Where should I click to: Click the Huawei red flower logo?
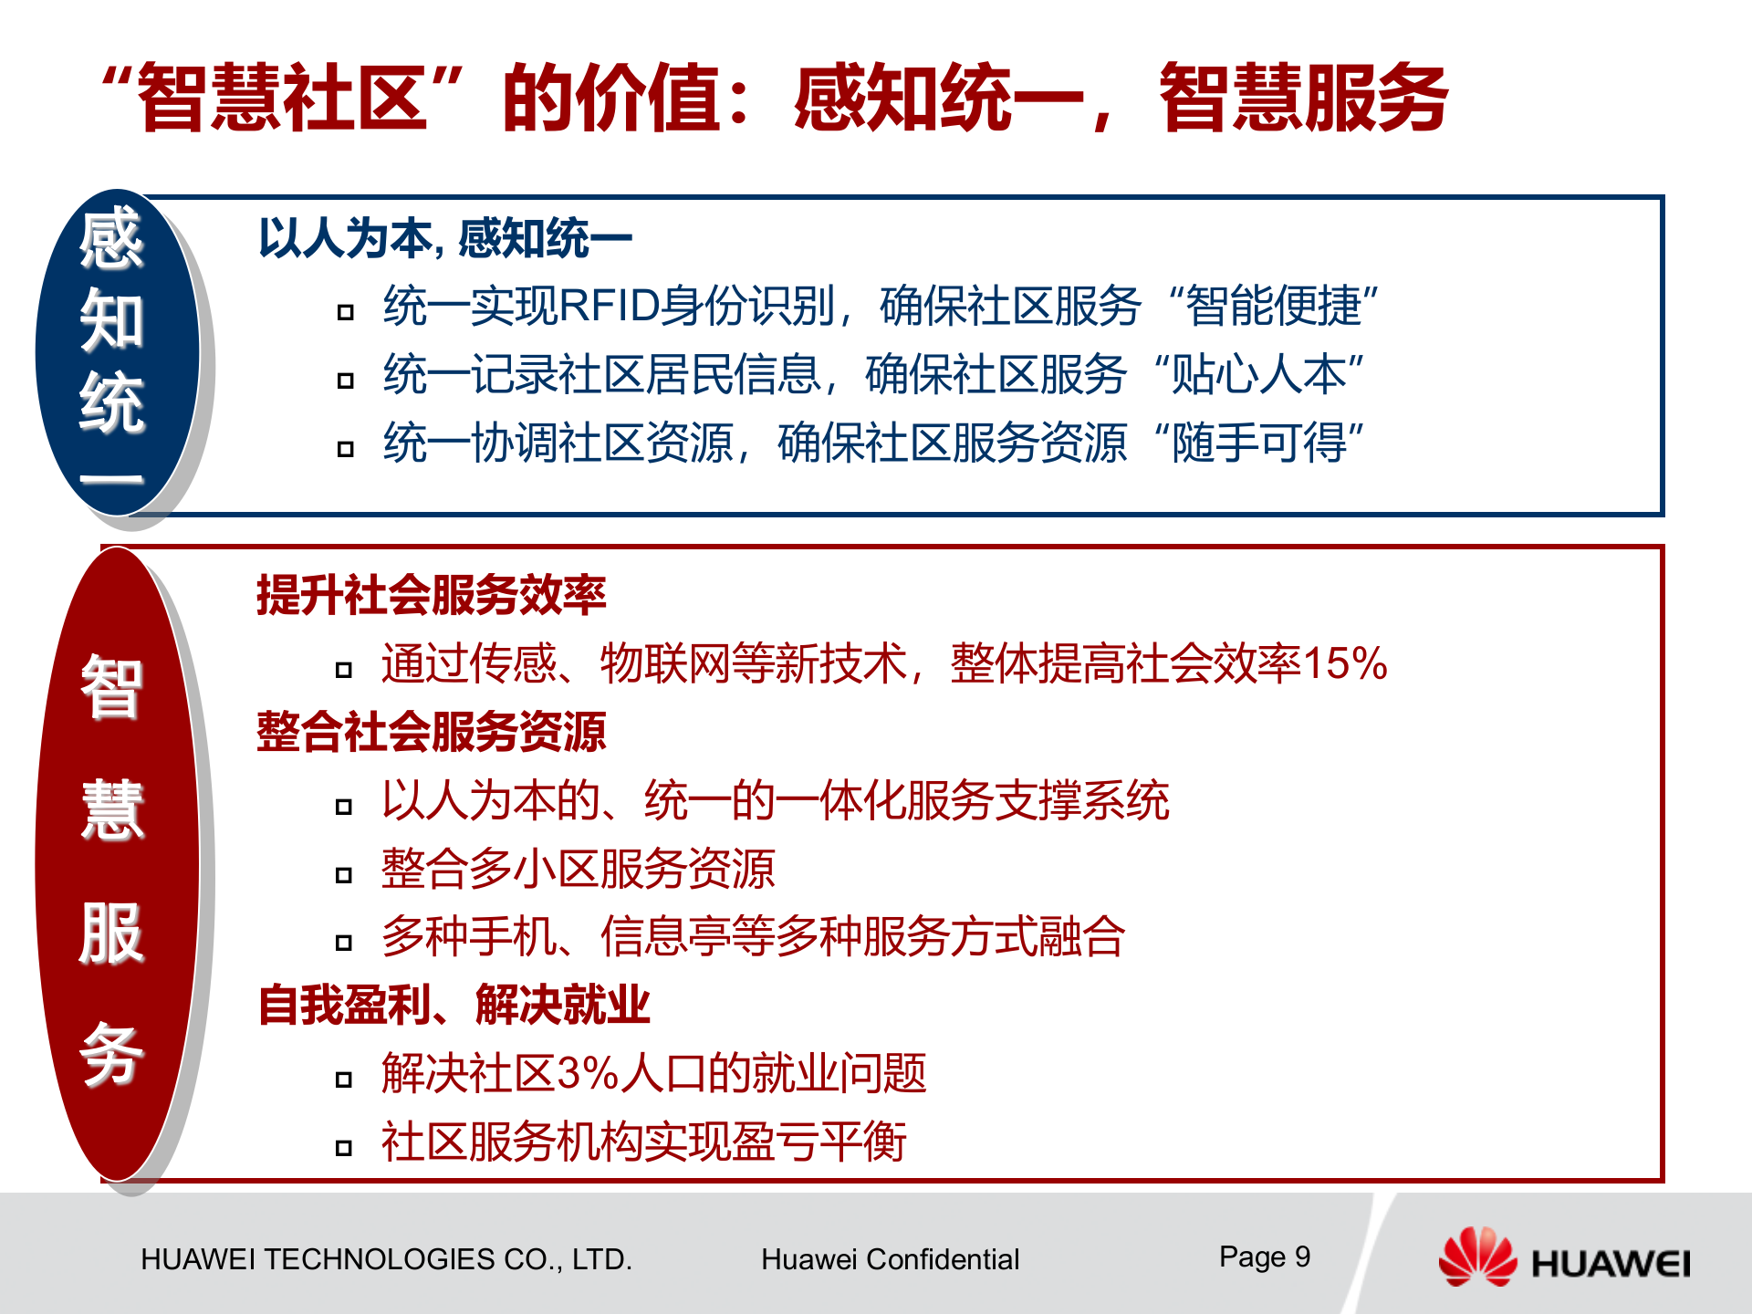coord(1476,1257)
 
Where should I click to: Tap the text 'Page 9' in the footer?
coord(1264,1257)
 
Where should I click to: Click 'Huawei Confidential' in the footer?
coord(890,1259)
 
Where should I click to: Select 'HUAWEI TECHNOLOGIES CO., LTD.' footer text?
coord(386,1259)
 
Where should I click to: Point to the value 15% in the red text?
coord(1344,663)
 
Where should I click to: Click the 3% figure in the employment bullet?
coord(588,1073)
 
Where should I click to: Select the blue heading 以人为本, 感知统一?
coord(444,239)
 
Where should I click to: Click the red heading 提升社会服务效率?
coord(431,595)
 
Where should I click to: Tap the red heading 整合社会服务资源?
coord(431,732)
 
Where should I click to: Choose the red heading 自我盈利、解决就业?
coord(454,1005)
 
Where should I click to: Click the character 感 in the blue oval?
coord(111,239)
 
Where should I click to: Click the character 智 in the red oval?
coord(111,686)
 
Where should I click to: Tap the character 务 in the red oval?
coord(111,1054)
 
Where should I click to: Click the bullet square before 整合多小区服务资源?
coord(344,875)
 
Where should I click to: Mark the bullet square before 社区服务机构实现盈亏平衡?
coord(344,1148)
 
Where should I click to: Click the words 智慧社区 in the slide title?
coord(283,98)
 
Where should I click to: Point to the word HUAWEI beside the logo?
coord(1610,1264)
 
